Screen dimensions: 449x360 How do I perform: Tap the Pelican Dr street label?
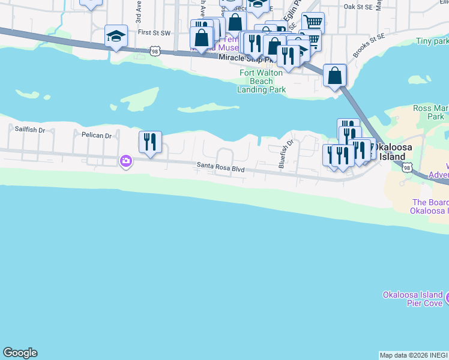coord(97,136)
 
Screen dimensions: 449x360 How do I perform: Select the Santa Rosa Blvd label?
coord(221,169)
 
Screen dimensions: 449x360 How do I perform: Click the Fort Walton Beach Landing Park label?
coord(262,82)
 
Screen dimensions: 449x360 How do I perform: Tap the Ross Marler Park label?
coord(430,112)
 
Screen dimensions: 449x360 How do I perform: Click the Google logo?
coord(20,353)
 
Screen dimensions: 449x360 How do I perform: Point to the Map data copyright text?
coord(414,355)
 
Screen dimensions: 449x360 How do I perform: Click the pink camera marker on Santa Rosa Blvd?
coord(125,161)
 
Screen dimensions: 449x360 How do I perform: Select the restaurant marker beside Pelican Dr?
coord(150,142)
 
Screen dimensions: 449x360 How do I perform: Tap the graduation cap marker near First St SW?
coord(115,36)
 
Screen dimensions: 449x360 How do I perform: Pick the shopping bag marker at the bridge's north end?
coord(335,76)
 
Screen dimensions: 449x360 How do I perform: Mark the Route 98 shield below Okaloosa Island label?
coord(408,169)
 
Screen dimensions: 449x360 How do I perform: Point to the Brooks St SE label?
coord(368,46)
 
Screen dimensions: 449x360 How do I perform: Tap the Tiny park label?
coord(432,42)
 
